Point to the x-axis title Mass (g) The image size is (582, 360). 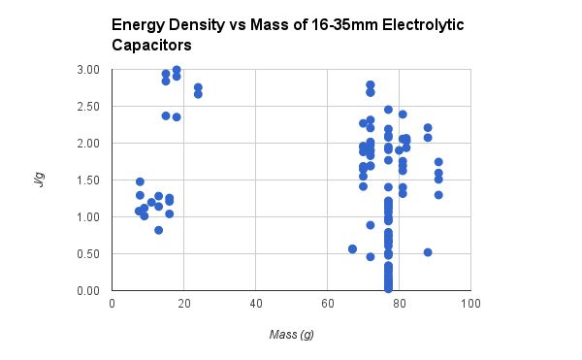pyautogui.click(x=291, y=334)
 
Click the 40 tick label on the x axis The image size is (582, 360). pyautogui.click(x=256, y=304)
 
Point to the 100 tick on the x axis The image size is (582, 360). pyautogui.click(x=470, y=304)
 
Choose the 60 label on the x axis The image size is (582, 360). pyautogui.click(x=328, y=304)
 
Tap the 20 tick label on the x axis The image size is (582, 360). pyautogui.click(x=184, y=304)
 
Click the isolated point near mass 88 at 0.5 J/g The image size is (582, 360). pyautogui.click(x=428, y=252)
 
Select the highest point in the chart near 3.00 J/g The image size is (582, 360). pyautogui.click(x=177, y=70)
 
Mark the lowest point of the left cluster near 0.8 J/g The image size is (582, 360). pyautogui.click(x=158, y=230)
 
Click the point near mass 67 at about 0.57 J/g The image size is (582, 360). pyautogui.click(x=352, y=249)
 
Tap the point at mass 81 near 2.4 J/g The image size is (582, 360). pyautogui.click(x=403, y=115)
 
